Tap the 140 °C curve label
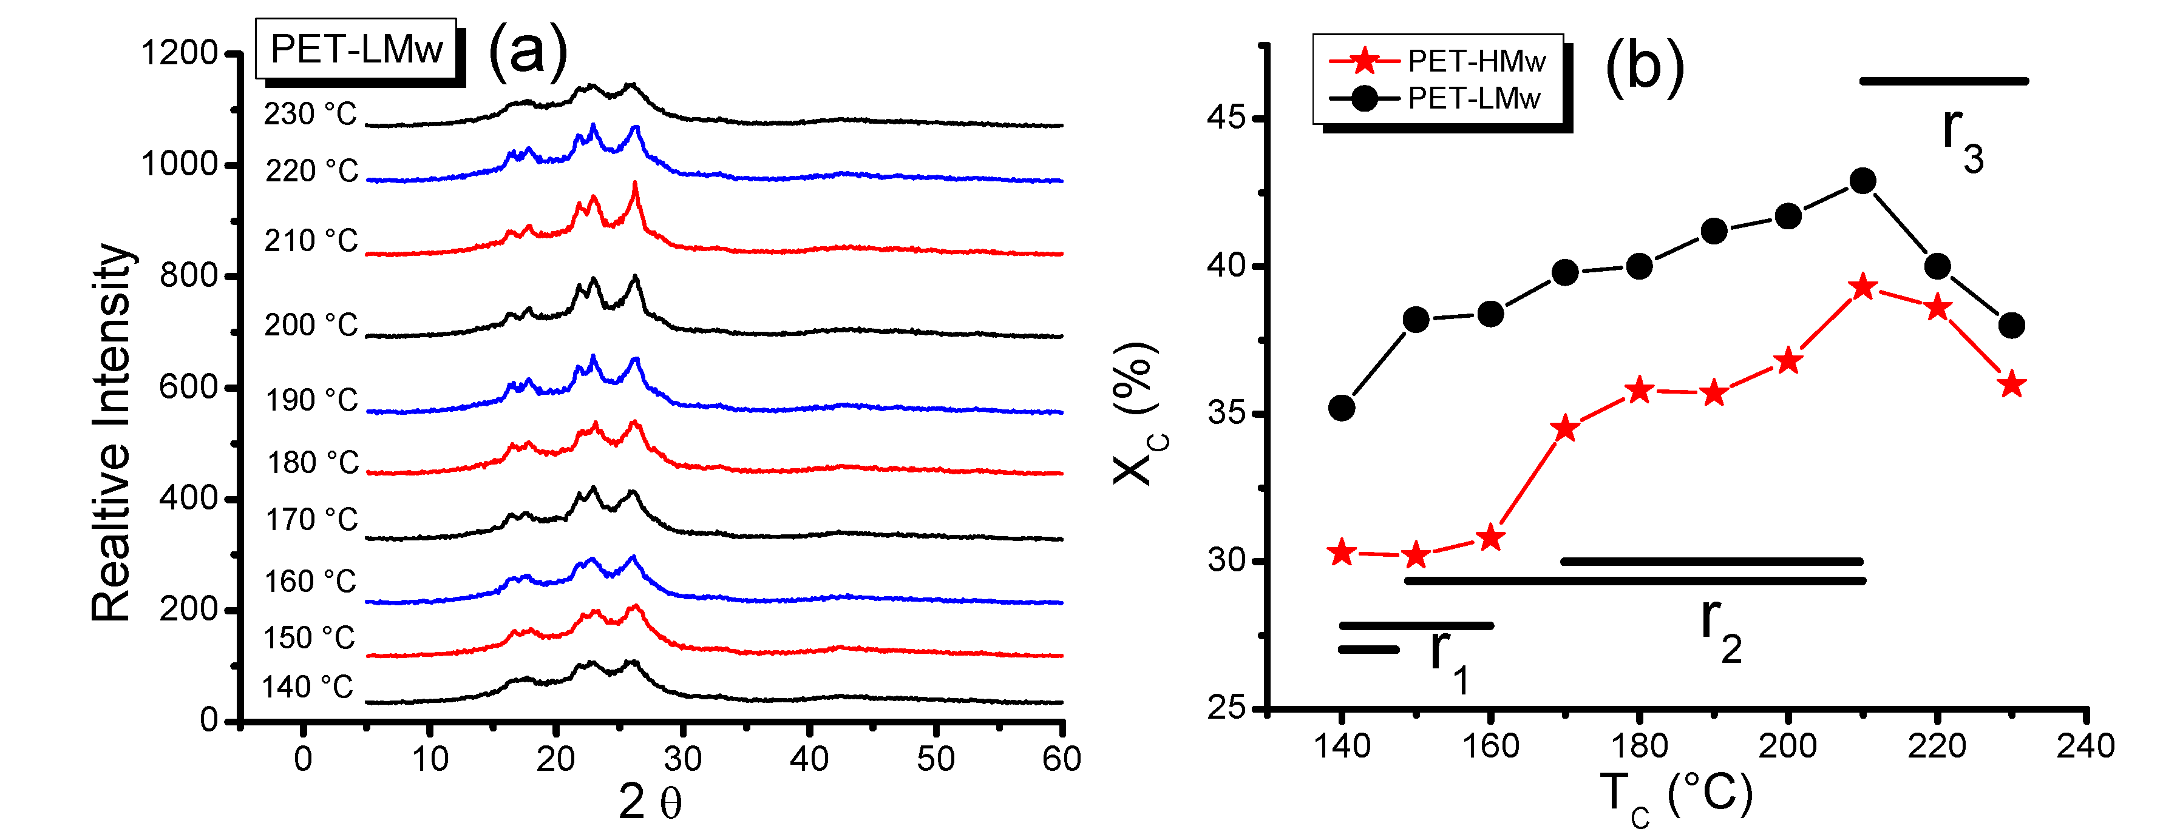pyautogui.click(x=307, y=687)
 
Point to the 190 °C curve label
pyautogui.click(x=311, y=400)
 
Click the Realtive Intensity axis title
pyautogui.click(x=112, y=433)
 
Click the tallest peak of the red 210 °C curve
pyautogui.click(x=635, y=184)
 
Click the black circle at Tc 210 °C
pyautogui.click(x=1862, y=181)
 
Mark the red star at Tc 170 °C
pyautogui.click(x=1565, y=429)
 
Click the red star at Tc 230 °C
pyautogui.click(x=2011, y=386)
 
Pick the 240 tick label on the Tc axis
pyautogui.click(x=2085, y=746)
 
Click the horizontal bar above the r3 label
pyautogui.click(x=1944, y=81)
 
